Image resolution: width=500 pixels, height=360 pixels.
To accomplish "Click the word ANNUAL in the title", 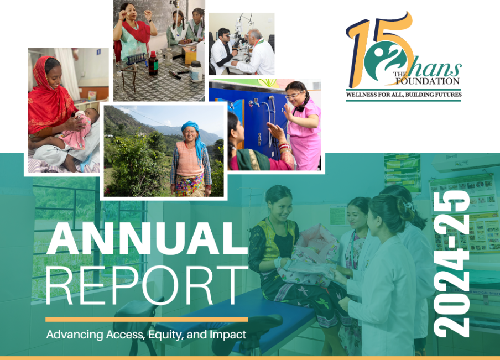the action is pos(147,238).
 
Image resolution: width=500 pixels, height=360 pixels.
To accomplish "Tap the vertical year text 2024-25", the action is pos(452,264).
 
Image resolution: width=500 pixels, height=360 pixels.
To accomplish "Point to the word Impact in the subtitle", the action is pos(228,335).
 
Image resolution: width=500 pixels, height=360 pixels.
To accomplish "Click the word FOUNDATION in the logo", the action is pos(428,81).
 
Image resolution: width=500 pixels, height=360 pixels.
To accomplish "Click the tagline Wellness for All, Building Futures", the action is pos(404,95).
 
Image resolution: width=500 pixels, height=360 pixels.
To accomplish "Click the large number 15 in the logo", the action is pos(379,49).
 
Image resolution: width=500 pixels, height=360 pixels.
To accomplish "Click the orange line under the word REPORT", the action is pos(147,319).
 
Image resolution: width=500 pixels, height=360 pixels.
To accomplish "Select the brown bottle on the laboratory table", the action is pos(153,63).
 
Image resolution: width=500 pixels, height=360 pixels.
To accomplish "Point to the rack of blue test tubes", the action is pos(136,59).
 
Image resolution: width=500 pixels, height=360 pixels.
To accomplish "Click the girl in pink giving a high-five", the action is pos(303,124).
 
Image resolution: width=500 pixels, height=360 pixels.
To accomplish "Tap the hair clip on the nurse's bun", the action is pos(408,206).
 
